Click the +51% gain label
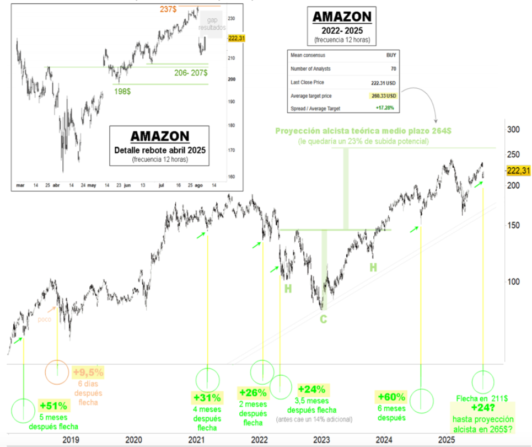53,405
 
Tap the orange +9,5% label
88,372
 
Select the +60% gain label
392,397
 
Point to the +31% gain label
207,397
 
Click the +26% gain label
254,393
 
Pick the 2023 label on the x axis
321,439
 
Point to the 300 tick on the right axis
514,130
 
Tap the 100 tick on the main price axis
514,281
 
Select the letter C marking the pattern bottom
324,318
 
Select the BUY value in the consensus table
391,55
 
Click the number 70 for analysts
393,69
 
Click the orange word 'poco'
45,319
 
